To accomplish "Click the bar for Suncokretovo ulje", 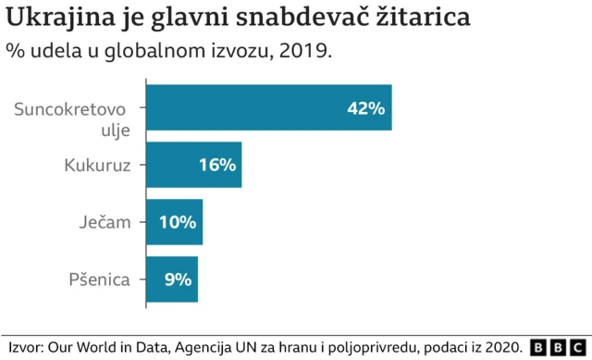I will pos(268,107).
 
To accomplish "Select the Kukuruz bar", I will pos(193,165).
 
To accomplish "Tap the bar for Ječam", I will pos(173,222).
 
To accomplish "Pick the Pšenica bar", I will pos(171,279).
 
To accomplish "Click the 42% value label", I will pos(364,108).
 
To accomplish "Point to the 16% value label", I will pos(217,166).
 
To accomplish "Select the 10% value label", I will pos(177,222).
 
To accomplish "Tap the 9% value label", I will pos(178,279).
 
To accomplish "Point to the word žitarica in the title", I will pos(421,18).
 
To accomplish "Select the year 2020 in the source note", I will pos(504,345).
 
